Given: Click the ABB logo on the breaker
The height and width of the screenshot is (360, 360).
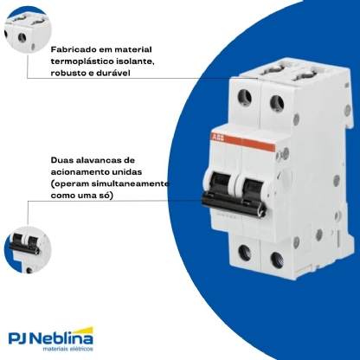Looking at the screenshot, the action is [218, 138].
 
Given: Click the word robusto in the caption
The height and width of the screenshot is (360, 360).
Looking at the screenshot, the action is [68, 73].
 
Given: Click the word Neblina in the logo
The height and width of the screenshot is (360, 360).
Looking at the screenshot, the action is [63, 338].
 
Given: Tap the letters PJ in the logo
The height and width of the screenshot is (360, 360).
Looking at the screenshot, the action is [20, 338].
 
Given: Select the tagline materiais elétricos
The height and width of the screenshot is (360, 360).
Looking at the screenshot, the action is [68, 349].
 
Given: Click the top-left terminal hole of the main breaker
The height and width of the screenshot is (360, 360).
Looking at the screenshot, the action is [245, 98].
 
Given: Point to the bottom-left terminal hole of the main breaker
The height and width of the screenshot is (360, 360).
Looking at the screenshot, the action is [245, 253].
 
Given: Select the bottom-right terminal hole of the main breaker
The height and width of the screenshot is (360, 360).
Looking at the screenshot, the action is [277, 260].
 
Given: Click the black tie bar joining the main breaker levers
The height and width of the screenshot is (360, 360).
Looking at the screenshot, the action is [234, 204].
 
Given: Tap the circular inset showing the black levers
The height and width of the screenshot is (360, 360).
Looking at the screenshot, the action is [28, 250].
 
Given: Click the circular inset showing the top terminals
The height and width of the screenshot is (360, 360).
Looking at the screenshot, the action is [28, 29].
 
